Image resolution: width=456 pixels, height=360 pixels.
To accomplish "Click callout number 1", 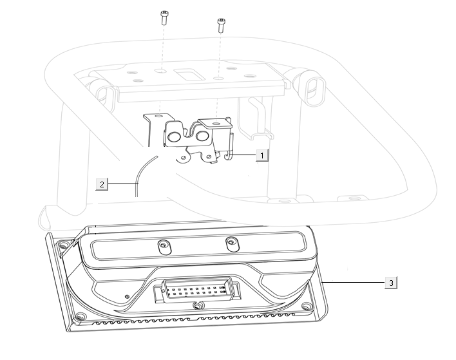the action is click(261, 155).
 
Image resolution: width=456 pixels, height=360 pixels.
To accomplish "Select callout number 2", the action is click(102, 184).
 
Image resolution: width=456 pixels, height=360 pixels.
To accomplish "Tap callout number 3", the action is click(391, 283).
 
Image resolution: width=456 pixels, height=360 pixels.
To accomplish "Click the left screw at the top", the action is click(165, 18).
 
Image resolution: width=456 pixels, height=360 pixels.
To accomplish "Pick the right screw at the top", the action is click(222, 25).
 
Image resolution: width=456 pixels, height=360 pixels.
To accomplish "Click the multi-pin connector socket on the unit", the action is click(198, 290).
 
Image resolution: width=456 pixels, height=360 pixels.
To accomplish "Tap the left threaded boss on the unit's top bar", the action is click(164, 247).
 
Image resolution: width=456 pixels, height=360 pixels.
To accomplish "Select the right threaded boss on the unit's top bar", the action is click(233, 244).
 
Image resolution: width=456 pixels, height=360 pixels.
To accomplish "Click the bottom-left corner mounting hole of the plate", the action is click(80, 316).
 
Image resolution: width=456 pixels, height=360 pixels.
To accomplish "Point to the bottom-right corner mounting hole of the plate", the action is click(307, 306).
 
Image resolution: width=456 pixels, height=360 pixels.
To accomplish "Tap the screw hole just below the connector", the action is click(198, 305).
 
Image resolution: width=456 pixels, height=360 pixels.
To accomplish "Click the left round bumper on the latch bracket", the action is click(175, 137).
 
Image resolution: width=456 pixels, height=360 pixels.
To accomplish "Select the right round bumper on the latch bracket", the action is click(202, 135).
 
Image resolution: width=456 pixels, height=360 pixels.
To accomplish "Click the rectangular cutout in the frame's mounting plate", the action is click(187, 74).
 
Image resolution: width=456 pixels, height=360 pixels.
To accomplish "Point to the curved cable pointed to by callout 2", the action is click(140, 174).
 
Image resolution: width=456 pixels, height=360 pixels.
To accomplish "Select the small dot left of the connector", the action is click(127, 297).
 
